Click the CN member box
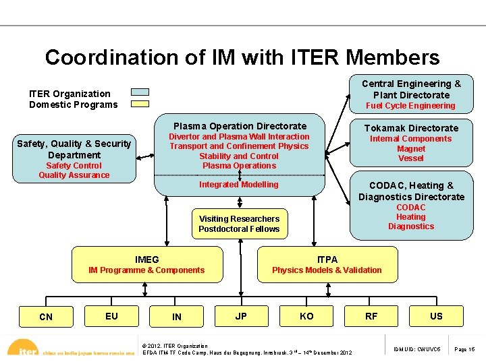(46, 317)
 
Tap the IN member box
(177, 317)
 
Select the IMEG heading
(147, 260)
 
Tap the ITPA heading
(327, 260)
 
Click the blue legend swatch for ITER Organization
(140, 93)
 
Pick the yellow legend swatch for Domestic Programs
(140, 104)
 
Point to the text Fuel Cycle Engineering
(410, 106)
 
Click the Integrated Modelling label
(238, 185)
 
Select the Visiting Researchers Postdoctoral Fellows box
(239, 224)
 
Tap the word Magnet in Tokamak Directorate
(411, 149)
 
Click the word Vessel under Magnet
(411, 158)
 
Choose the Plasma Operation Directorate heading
(240, 126)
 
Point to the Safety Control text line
(74, 166)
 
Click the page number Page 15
(465, 349)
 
